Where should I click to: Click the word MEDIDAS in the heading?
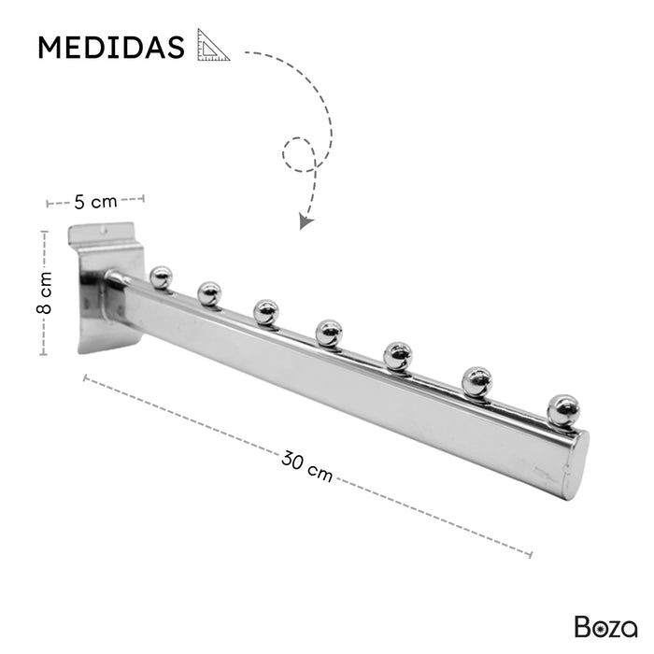(x=111, y=48)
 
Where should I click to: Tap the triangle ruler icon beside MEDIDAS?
(x=213, y=45)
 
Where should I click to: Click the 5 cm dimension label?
(x=95, y=201)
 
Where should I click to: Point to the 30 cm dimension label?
(x=307, y=464)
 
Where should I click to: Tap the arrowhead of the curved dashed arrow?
(x=304, y=221)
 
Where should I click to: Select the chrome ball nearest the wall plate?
(x=162, y=277)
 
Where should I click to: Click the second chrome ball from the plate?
(x=209, y=293)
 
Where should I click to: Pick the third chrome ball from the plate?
(x=266, y=311)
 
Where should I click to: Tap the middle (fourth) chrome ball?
(x=328, y=331)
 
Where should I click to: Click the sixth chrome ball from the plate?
(x=477, y=379)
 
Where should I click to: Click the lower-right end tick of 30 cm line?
(x=530, y=554)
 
